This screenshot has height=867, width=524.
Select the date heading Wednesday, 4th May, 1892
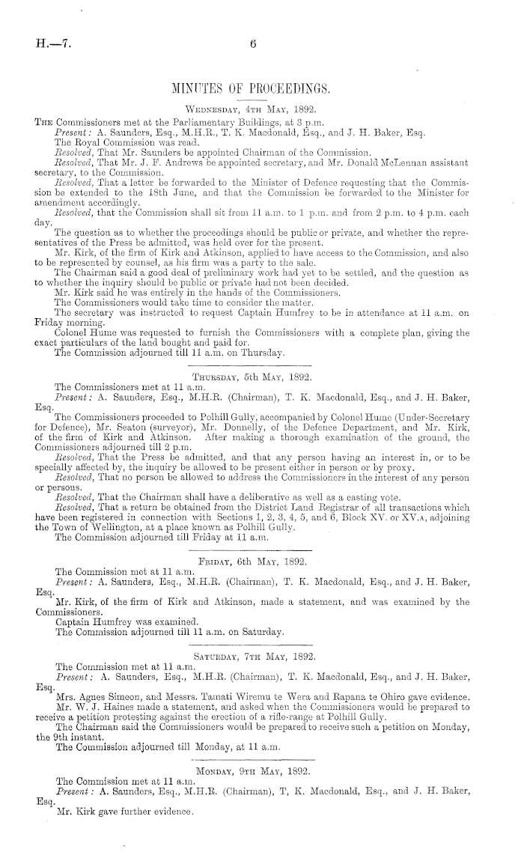[253, 107]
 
